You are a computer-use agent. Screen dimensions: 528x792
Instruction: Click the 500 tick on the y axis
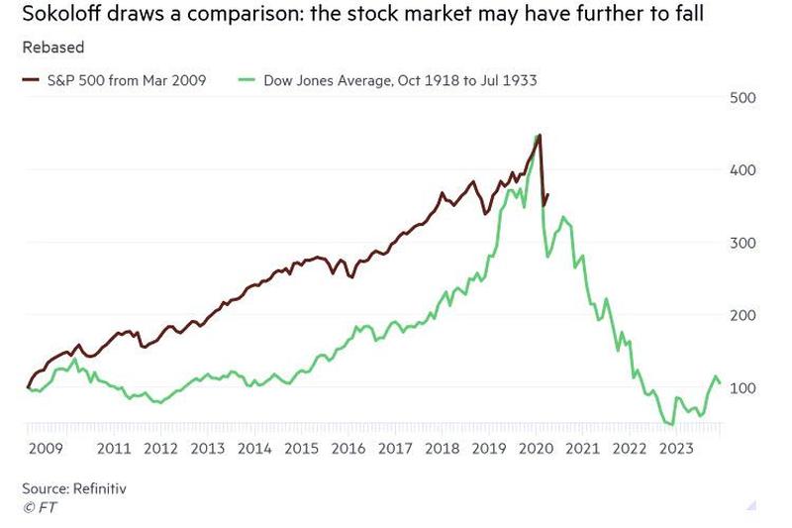(x=742, y=97)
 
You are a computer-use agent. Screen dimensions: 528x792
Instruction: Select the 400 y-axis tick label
(x=742, y=169)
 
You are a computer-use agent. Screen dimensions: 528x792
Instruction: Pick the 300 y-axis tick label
(x=742, y=243)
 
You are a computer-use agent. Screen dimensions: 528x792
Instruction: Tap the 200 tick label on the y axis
(x=742, y=315)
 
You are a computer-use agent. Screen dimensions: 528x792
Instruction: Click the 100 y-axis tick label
(x=742, y=387)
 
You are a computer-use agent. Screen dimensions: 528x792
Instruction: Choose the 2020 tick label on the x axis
(x=535, y=448)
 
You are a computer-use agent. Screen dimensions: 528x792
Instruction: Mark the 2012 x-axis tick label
(x=160, y=448)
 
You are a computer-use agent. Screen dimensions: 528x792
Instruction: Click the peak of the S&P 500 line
(x=540, y=135)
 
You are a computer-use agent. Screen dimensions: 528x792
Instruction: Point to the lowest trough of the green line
(x=671, y=424)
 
